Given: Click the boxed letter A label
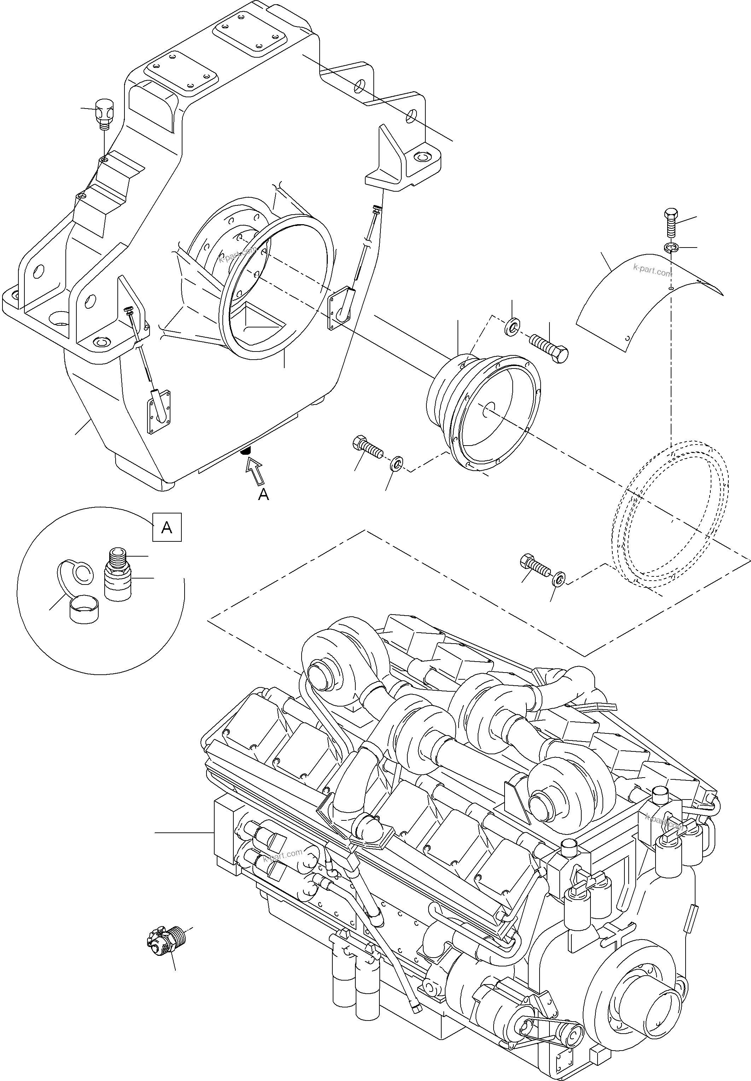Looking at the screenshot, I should [167, 528].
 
